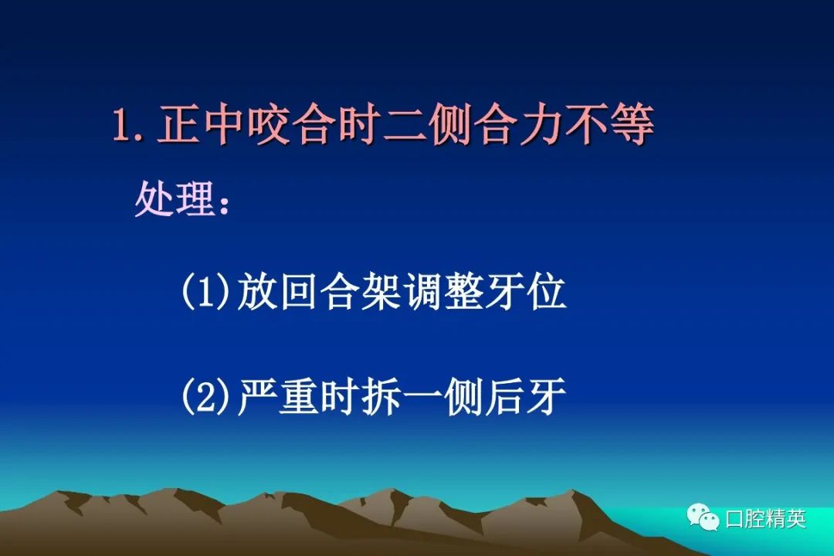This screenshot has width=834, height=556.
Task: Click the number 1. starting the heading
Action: click(x=128, y=125)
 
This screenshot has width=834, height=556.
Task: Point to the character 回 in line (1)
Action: click(x=299, y=291)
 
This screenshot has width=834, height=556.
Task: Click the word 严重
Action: click(x=278, y=396)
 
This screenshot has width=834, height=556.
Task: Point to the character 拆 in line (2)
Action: click(x=381, y=396)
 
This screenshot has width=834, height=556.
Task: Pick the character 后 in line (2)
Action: click(x=504, y=396)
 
